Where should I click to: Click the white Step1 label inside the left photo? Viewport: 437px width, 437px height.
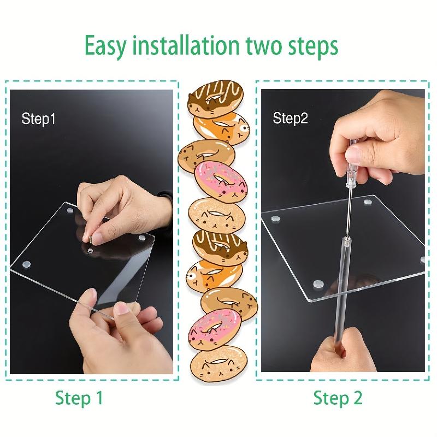39,119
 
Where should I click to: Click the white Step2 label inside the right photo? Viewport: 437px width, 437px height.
291,119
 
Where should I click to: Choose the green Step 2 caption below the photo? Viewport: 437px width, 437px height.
338,398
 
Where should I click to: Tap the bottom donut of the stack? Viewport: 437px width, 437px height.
217,361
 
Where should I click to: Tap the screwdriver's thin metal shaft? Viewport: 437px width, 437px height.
347,208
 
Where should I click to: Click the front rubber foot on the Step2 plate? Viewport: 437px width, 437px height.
317,284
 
